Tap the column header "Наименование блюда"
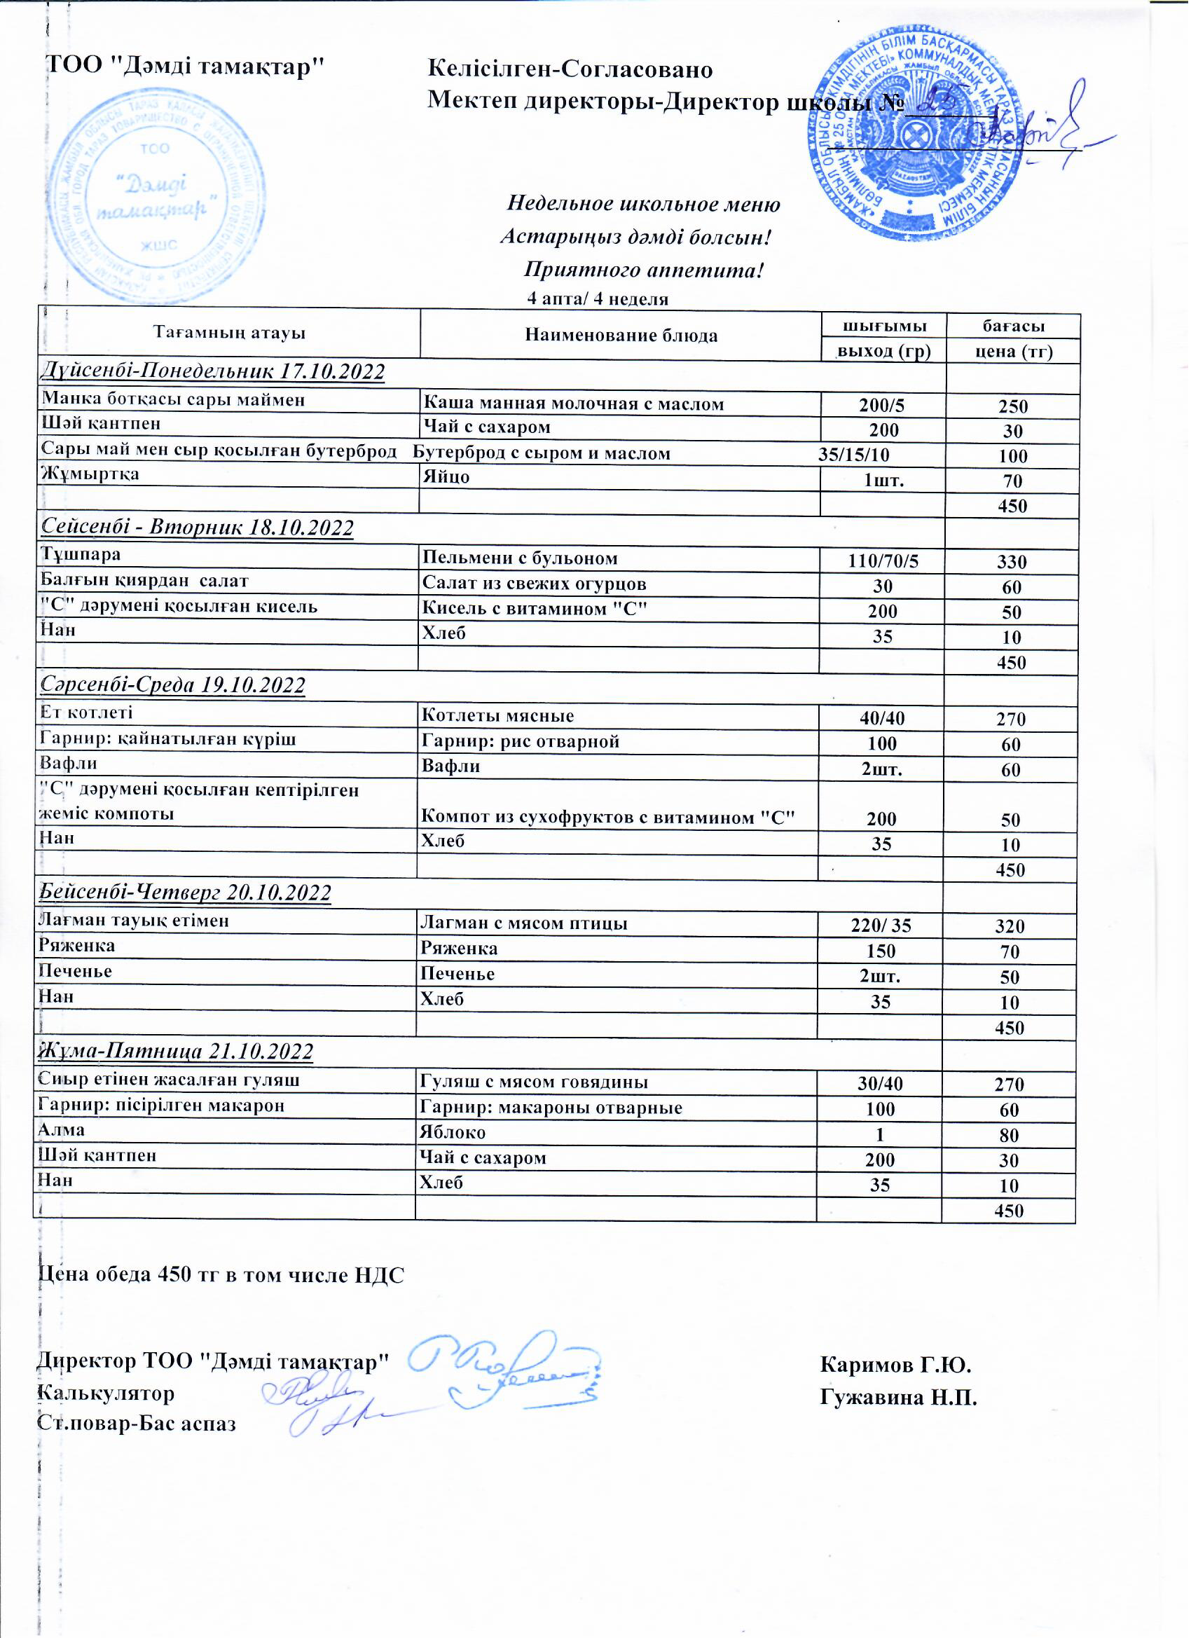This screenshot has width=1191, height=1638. pos(622,336)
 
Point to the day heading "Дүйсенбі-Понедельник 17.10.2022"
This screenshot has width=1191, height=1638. pos(212,372)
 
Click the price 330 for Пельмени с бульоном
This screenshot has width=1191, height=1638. pos(1013,563)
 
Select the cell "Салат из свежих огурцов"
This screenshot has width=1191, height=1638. pos(535,584)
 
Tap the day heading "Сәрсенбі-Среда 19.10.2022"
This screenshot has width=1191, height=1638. pos(173,685)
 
